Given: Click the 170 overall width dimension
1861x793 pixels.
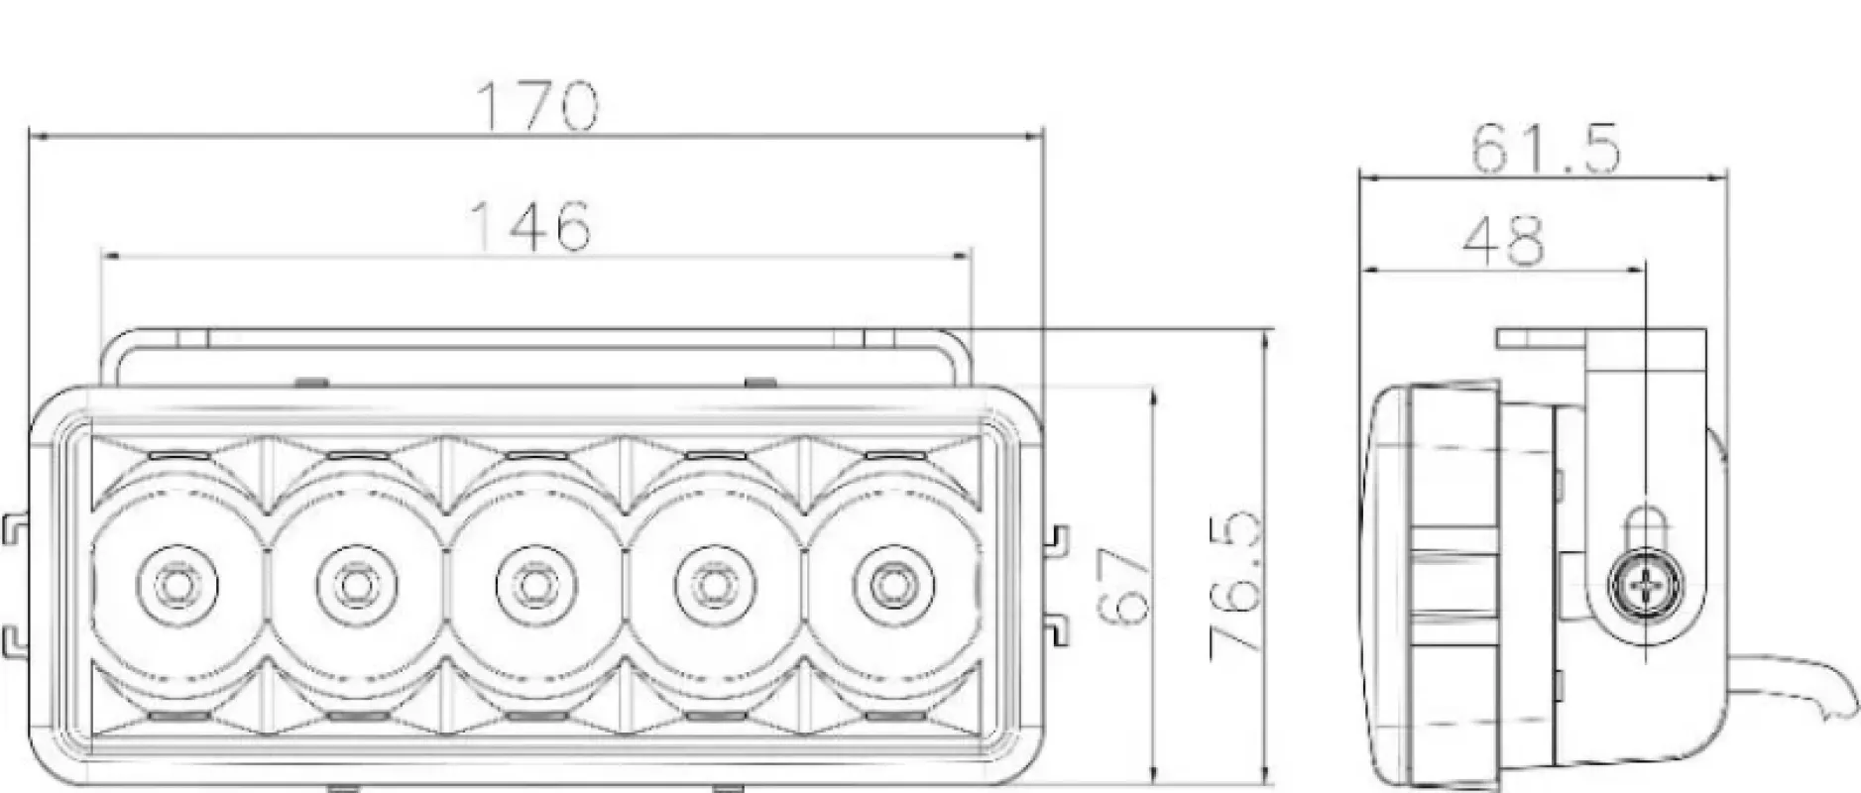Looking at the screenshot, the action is [538, 106].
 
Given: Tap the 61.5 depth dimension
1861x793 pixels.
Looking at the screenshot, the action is [1545, 149].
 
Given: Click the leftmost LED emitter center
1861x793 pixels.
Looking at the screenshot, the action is [176, 586].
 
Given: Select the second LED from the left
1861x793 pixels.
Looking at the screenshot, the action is [353, 586].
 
